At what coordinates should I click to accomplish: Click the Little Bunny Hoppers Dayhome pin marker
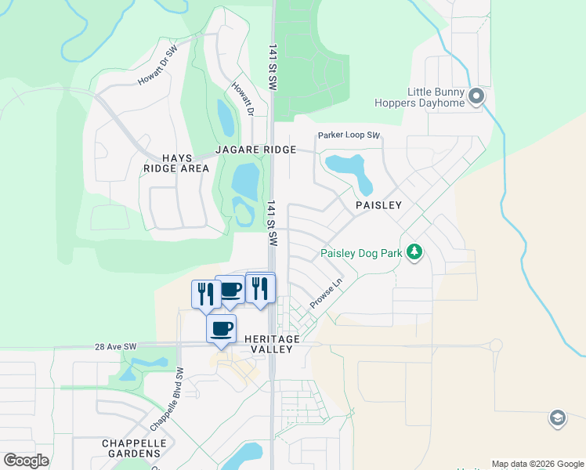(x=476, y=98)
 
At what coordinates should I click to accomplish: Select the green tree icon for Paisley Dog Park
(x=414, y=252)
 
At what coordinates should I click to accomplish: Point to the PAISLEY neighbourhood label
(x=378, y=205)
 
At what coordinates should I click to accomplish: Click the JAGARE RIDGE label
(x=256, y=150)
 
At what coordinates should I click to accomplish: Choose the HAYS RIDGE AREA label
(x=176, y=162)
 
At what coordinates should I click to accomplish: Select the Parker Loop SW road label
(x=349, y=136)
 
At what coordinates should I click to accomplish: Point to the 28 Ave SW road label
(x=115, y=345)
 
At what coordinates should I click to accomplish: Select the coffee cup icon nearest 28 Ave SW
(x=221, y=328)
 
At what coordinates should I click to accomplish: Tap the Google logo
(x=26, y=461)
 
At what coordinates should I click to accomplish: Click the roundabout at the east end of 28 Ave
(x=495, y=345)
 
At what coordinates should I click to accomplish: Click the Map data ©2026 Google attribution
(x=537, y=464)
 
